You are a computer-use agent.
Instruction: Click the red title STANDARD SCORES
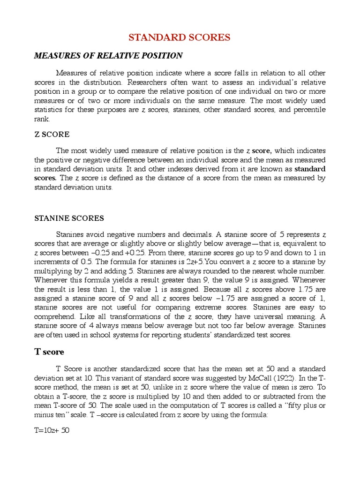tap(180, 38)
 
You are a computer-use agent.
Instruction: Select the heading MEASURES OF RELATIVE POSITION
tap(108, 56)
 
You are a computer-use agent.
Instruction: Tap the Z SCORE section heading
tap(52, 135)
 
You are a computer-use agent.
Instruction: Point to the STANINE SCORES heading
tap(69, 218)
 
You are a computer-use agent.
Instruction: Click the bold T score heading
tap(49, 352)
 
